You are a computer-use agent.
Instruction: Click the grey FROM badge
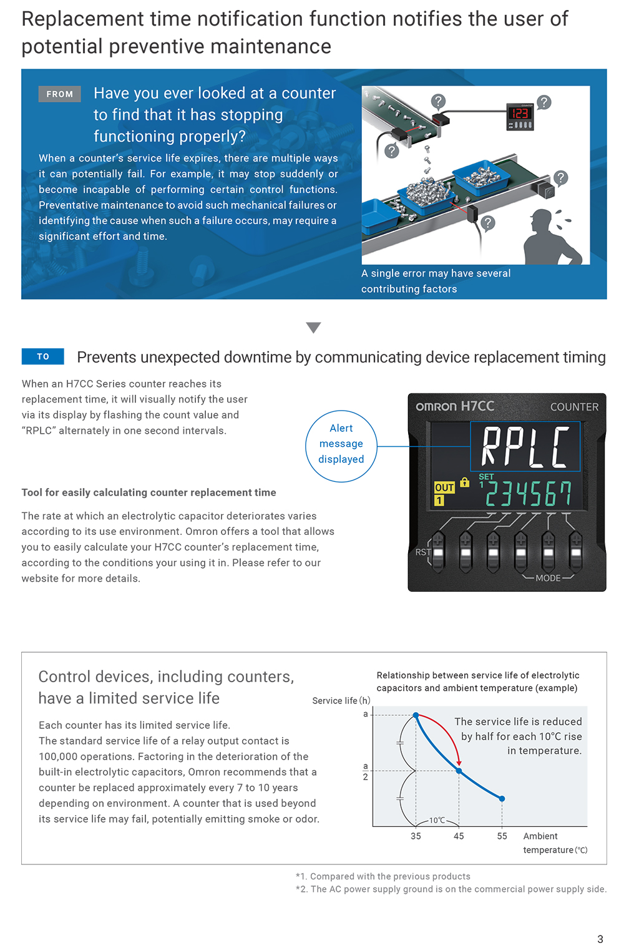tap(59, 94)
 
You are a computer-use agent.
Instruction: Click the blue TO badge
tap(43, 356)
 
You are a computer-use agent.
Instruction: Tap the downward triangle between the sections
tap(313, 328)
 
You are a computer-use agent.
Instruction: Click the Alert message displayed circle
tap(341, 444)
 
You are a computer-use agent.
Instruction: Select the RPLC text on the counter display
tap(525, 446)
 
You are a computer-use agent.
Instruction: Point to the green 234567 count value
tap(528, 494)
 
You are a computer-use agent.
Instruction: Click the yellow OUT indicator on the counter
tap(444, 487)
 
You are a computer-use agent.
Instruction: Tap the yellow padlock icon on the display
tap(464, 482)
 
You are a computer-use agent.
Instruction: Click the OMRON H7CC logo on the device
tap(455, 406)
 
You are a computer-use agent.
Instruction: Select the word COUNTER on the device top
tap(574, 407)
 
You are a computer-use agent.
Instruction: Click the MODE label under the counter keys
tap(548, 578)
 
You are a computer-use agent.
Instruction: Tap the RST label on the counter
tap(422, 552)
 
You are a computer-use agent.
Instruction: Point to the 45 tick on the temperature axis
tap(459, 836)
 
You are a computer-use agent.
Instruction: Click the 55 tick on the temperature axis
tap(502, 836)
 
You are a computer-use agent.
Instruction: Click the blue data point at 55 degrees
tap(502, 799)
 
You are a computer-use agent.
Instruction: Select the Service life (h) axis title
tap(341, 701)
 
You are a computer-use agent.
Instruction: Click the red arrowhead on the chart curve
tap(459, 762)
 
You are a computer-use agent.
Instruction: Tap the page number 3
tap(600, 939)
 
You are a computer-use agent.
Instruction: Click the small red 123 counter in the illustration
tap(520, 114)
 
